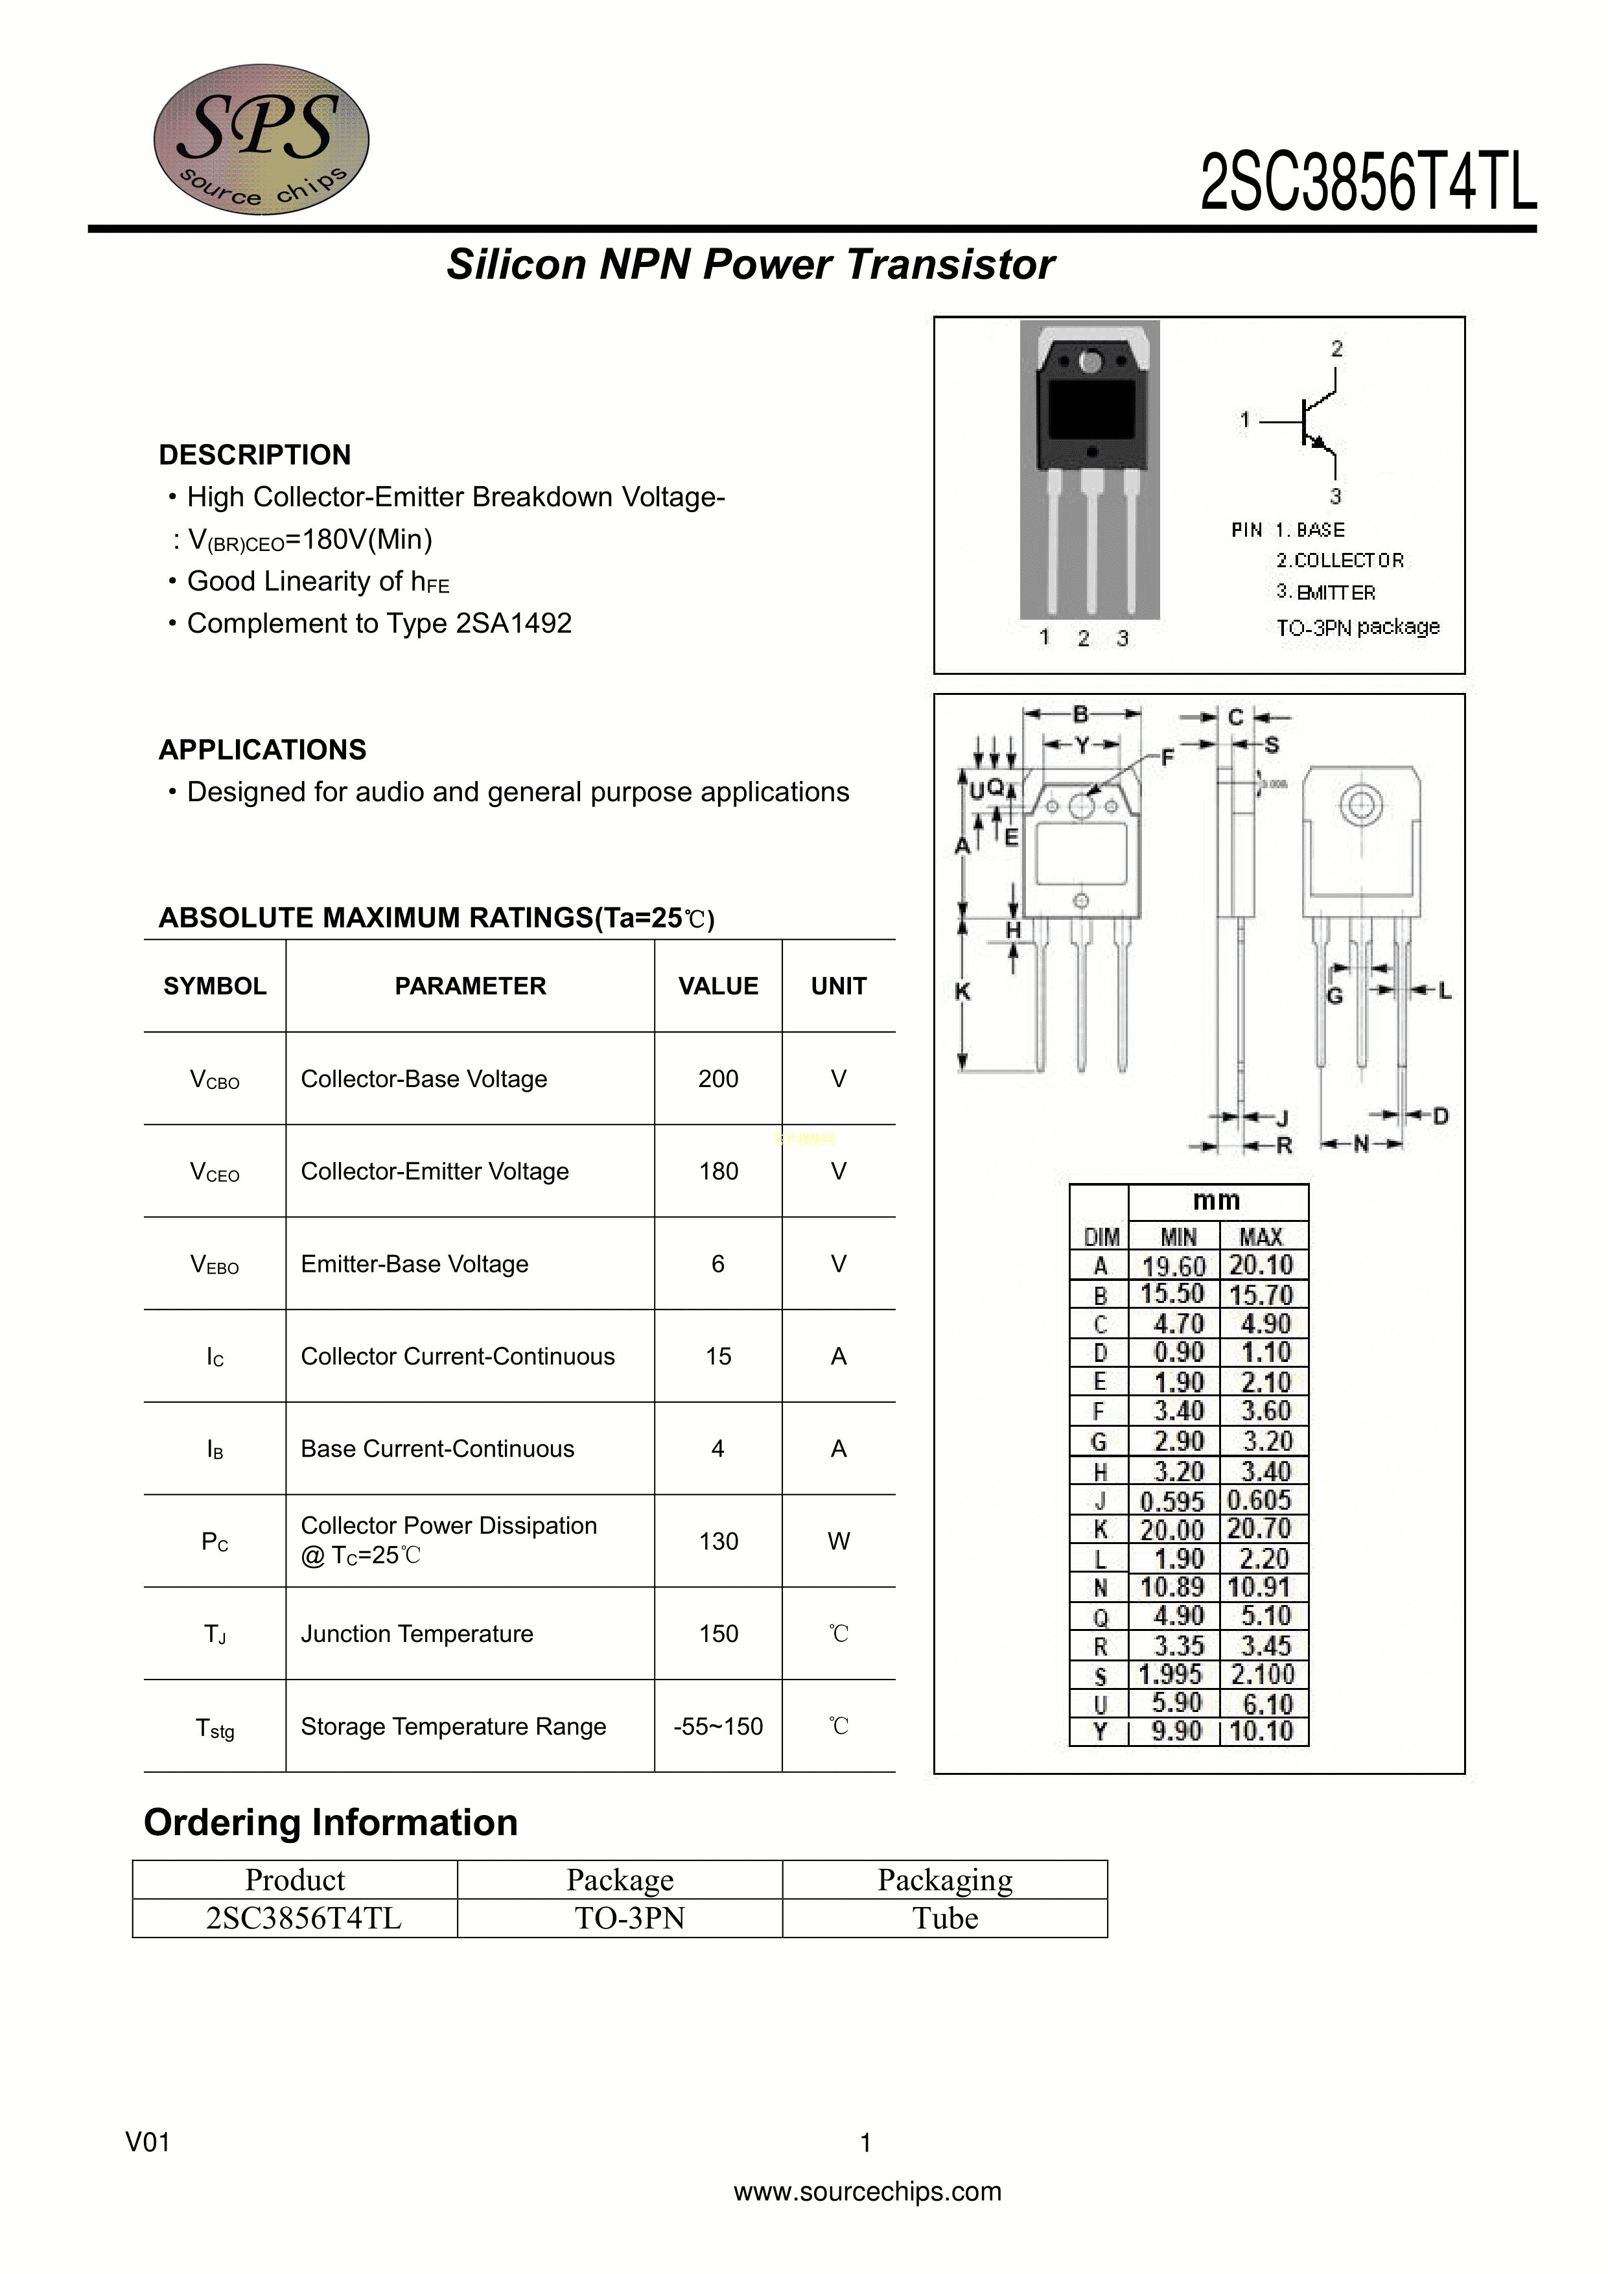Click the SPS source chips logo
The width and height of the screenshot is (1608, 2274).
tap(261, 139)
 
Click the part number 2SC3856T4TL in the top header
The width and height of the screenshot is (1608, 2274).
tap(1368, 182)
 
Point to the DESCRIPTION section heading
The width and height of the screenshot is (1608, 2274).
tap(255, 454)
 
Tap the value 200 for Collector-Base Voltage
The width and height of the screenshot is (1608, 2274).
tap(718, 1079)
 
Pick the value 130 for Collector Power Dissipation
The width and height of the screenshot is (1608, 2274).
tap(718, 1541)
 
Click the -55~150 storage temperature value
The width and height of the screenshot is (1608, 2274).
tap(718, 1726)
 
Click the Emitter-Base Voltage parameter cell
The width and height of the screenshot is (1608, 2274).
tap(414, 1264)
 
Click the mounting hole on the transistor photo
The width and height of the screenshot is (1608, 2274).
tap(1090, 362)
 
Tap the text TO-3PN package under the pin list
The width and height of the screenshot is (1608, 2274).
tap(1357, 627)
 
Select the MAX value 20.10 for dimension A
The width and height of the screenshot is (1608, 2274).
tap(1261, 1265)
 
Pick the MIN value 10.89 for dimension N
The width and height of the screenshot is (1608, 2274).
tap(1172, 1588)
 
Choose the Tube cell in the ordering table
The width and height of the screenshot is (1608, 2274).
tap(944, 1918)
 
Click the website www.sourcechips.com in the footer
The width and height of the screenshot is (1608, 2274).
tap(867, 2191)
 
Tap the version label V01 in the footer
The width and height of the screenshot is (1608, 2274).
tap(148, 2142)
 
